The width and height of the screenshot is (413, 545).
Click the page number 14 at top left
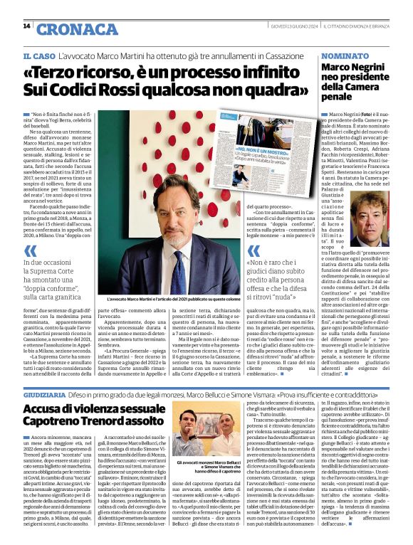tap(26, 26)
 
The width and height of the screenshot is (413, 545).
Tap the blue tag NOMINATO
tap(345, 55)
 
